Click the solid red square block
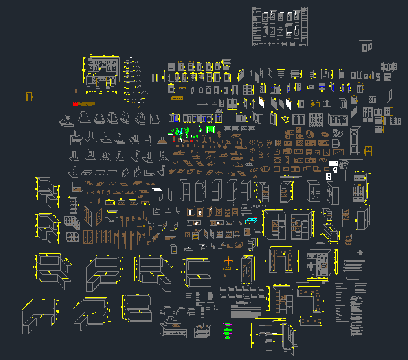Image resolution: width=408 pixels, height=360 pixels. coord(75,104)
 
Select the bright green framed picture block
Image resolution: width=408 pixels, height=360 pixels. coord(210,130)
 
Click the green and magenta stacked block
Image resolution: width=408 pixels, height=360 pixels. coord(227,330)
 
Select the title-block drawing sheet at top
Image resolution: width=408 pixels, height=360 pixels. coord(279,26)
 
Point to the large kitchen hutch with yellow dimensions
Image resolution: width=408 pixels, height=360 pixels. coord(102,73)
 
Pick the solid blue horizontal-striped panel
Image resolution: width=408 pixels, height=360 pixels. coord(322,87)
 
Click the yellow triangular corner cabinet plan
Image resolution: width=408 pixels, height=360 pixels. coord(285,120)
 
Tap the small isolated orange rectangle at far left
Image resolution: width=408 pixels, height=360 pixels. coord(29,96)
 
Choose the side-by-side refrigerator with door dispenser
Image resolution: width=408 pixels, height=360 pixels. coord(313,191)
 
